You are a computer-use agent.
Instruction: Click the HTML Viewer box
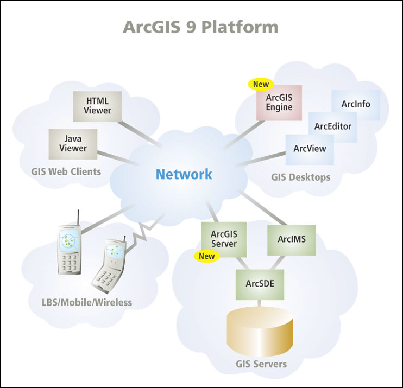point(98,106)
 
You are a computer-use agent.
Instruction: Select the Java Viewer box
point(73,144)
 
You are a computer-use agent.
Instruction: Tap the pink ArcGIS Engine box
point(279,103)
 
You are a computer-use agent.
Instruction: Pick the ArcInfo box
point(356,104)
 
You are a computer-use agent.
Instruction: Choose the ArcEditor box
point(332,126)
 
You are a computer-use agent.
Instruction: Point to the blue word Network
point(184,175)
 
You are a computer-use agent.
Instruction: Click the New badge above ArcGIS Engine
point(262,85)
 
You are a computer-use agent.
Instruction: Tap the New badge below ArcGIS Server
point(207,256)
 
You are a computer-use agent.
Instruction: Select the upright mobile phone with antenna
point(70,250)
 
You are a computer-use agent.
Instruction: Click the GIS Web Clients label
point(66,172)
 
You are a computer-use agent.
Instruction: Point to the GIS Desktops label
point(300,177)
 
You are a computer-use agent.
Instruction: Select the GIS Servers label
point(260,364)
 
